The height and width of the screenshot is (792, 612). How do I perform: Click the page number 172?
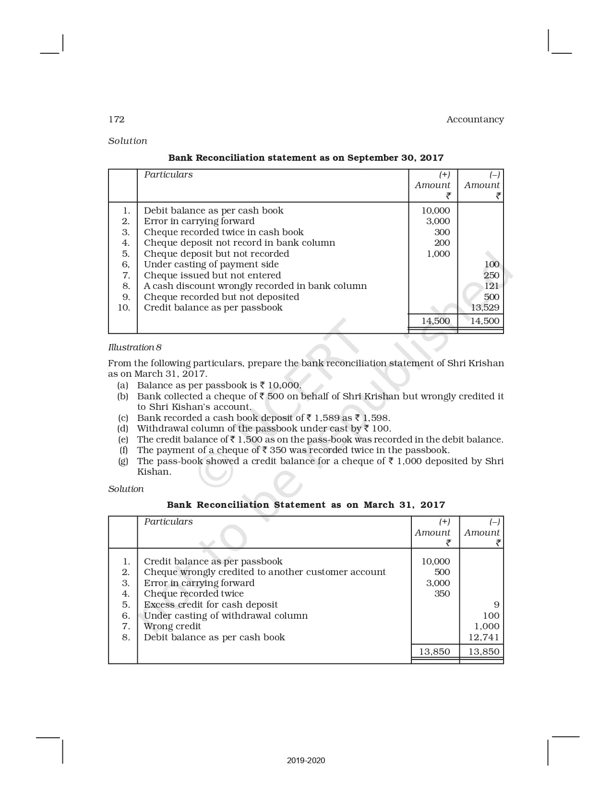pos(117,120)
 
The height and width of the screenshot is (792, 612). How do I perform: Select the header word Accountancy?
pos(475,120)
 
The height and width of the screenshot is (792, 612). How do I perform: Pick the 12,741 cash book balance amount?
pos(484,637)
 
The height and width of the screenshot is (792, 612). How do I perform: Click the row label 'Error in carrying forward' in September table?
pos(199,221)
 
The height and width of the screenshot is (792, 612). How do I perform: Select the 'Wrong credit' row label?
pos(172,626)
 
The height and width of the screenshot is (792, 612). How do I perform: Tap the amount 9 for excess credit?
pos(496,605)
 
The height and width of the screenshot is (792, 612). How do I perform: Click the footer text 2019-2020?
pos(306,760)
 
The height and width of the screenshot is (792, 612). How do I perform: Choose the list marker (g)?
pos(123,461)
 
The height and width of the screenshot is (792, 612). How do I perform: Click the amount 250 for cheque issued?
pos(492,276)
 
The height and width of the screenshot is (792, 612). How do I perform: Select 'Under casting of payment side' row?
pos(211,264)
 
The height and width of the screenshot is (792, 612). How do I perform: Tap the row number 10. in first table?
pos(124,308)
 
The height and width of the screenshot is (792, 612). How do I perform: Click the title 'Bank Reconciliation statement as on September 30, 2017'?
pos(306,158)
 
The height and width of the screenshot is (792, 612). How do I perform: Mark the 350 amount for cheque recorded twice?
pos(442,594)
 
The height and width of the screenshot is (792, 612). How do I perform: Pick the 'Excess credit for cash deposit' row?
pos(211,605)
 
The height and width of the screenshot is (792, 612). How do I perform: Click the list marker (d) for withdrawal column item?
pos(123,429)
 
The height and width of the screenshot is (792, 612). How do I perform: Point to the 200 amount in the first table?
pos(442,243)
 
